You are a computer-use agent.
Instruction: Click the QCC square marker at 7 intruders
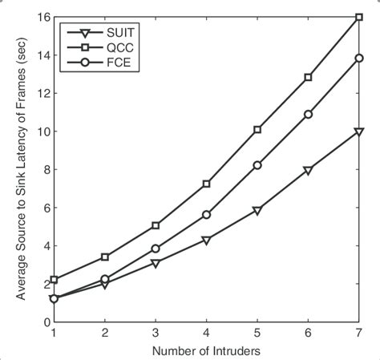pyautogui.click(x=358, y=17)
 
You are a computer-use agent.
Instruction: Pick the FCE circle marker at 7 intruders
pyautogui.click(x=358, y=58)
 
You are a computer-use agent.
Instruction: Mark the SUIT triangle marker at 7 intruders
pyautogui.click(x=358, y=131)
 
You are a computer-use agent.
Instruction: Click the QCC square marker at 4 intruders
pyautogui.click(x=206, y=184)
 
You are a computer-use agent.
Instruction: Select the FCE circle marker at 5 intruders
pyautogui.click(x=257, y=165)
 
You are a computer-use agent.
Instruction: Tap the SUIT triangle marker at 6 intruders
pyautogui.click(x=308, y=170)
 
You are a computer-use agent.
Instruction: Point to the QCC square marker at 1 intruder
pyautogui.click(x=54, y=280)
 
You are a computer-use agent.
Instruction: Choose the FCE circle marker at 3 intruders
pyautogui.click(x=156, y=249)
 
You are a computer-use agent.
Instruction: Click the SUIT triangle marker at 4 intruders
pyautogui.click(x=206, y=241)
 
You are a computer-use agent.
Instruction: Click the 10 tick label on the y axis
pyautogui.click(x=43, y=131)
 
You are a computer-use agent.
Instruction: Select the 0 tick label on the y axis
pyautogui.click(x=46, y=322)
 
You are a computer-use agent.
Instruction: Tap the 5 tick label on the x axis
pyautogui.click(x=257, y=332)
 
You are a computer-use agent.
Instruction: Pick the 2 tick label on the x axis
pyautogui.click(x=104, y=332)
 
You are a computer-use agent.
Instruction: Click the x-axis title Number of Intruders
pyautogui.click(x=205, y=350)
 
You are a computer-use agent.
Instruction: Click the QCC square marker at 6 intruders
pyautogui.click(x=308, y=78)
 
